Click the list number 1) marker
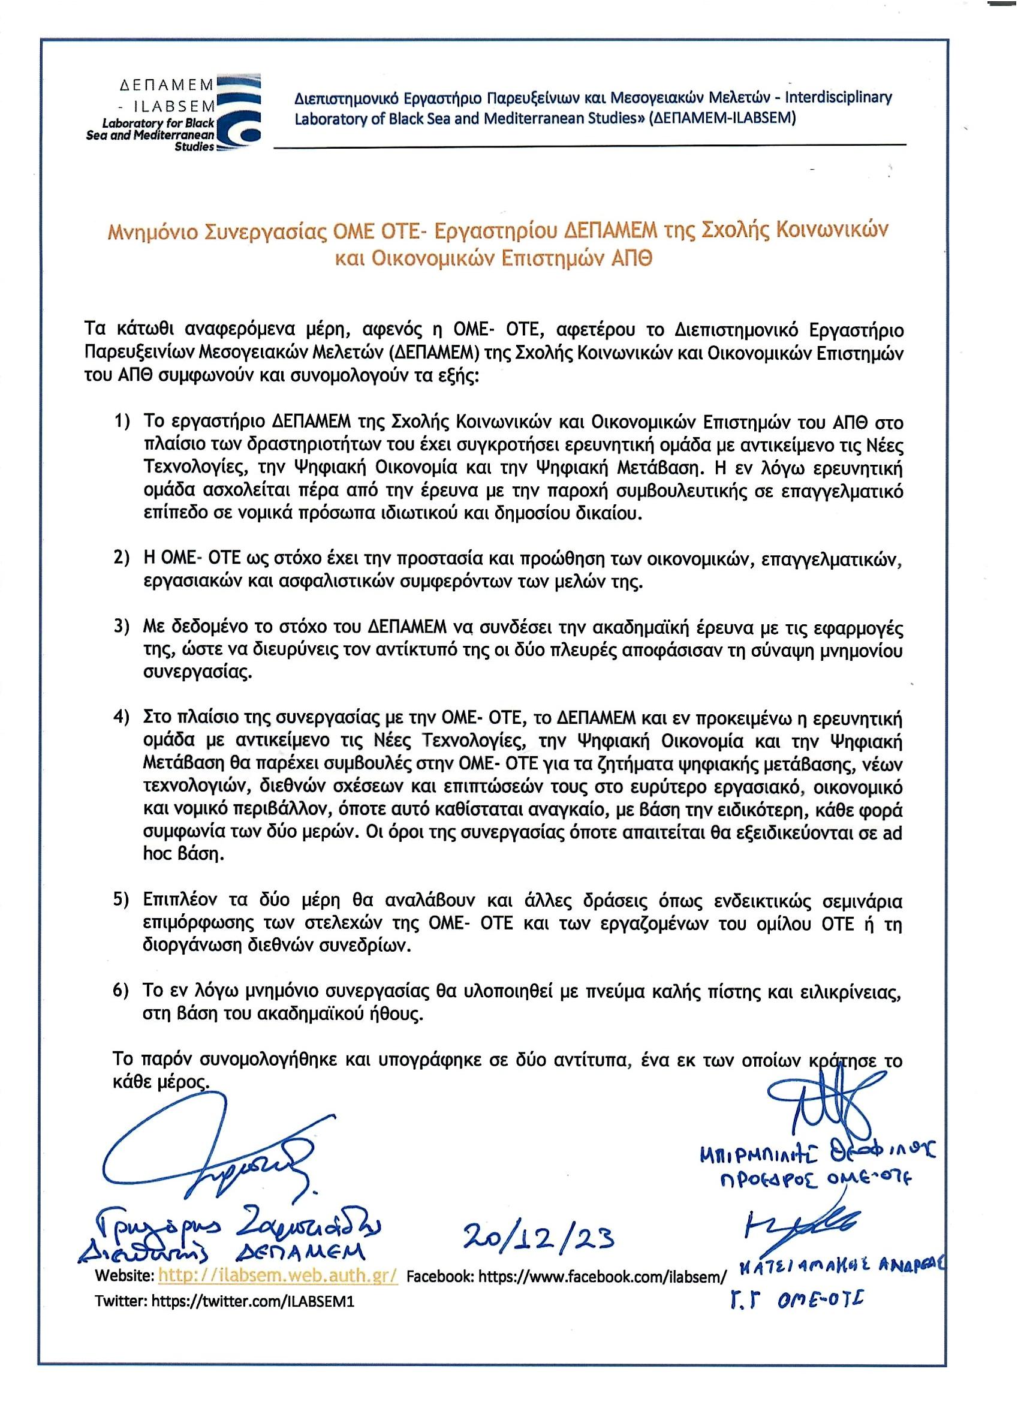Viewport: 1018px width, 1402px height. [122, 422]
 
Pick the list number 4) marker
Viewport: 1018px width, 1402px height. [122, 719]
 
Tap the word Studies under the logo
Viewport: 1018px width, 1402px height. [194, 147]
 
